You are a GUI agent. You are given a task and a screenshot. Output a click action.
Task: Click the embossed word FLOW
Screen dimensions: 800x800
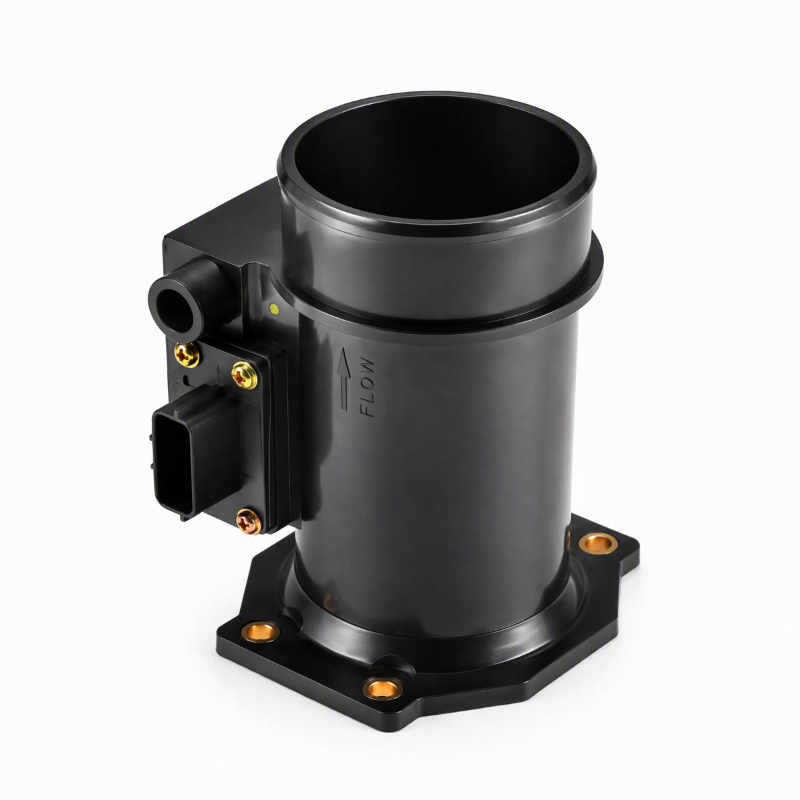click(x=367, y=387)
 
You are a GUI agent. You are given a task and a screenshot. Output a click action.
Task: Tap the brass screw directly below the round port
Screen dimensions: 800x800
click(x=187, y=355)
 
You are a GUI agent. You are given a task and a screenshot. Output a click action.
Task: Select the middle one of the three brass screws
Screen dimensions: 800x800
click(x=244, y=375)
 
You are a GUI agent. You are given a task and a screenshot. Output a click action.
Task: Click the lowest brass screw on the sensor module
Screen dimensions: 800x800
click(x=249, y=521)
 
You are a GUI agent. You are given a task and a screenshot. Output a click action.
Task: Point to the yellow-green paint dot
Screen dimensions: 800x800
click(x=274, y=309)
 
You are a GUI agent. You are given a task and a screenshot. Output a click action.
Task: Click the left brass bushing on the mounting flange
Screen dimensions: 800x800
click(x=260, y=643)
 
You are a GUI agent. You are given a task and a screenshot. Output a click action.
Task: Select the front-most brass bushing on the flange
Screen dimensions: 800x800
click(x=383, y=688)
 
